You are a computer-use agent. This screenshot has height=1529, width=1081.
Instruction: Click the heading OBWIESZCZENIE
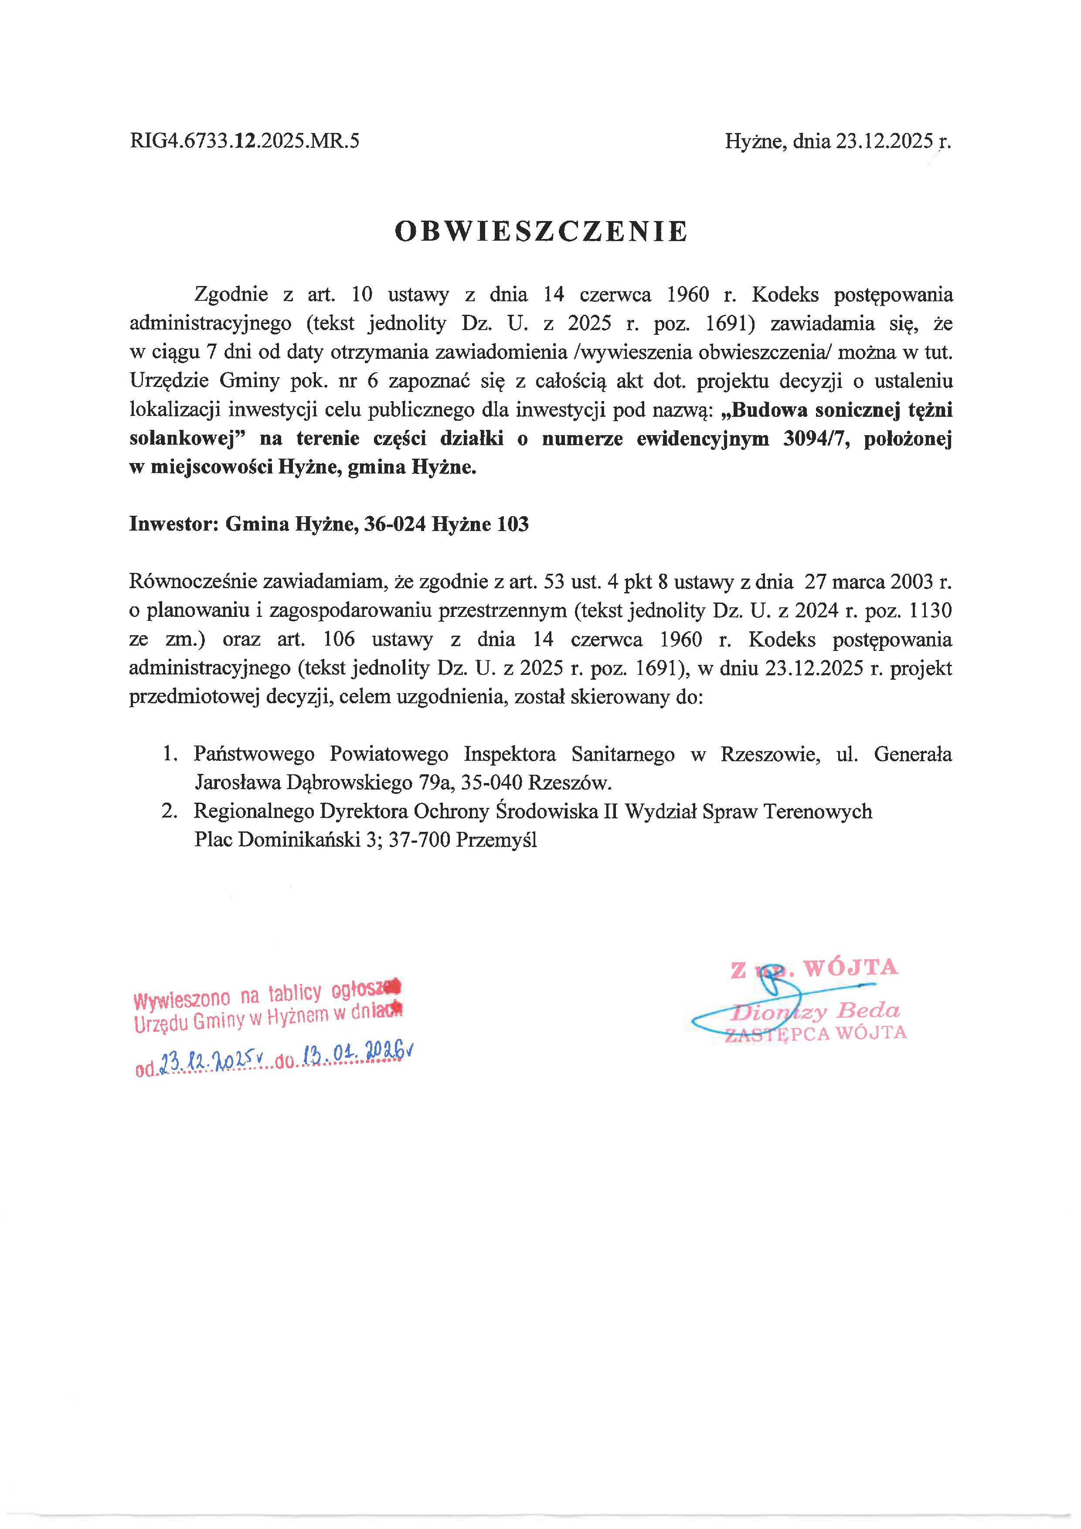click(x=540, y=231)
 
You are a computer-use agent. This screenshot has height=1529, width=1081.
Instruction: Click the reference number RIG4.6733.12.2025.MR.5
click(x=244, y=141)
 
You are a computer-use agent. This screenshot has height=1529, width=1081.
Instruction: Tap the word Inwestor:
click(x=174, y=524)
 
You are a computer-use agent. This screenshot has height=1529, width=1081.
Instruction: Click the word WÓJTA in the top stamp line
click(x=851, y=967)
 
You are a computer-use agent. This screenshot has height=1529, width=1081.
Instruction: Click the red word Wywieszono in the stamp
click(x=182, y=1000)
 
